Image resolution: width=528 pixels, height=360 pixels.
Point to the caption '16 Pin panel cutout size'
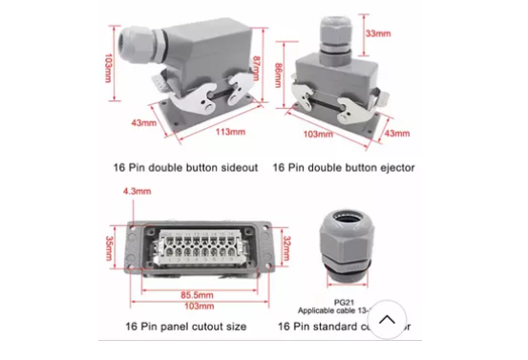[x=185, y=326]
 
